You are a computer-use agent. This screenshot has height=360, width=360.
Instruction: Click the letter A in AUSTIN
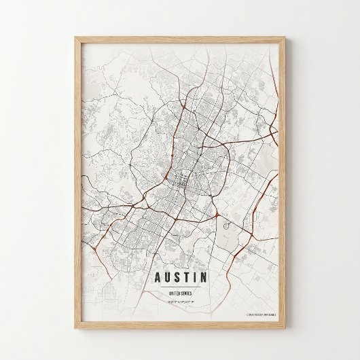pos(158,277)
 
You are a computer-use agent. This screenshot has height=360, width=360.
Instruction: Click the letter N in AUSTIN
pos(204,277)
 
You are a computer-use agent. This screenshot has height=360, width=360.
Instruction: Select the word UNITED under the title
pos(175,293)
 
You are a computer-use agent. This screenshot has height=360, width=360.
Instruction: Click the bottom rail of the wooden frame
pos(181,327)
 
